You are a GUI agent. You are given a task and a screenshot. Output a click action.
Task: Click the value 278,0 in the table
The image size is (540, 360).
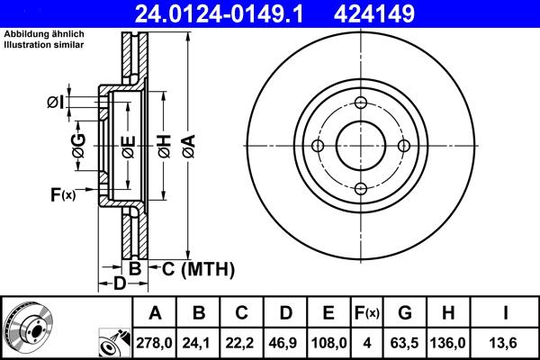coord(155,342)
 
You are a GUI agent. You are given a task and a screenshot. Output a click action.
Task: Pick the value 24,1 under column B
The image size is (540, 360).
coord(199,342)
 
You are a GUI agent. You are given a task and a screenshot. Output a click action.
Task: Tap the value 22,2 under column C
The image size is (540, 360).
coord(241,342)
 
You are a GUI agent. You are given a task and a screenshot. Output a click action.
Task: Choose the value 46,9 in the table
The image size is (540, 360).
coord(284,342)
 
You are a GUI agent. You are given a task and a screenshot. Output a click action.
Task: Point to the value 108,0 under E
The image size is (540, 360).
coord(328,342)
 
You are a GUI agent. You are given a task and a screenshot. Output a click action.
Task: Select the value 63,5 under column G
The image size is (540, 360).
coord(405,342)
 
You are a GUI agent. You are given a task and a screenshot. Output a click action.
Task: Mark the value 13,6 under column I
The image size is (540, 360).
coord(506,342)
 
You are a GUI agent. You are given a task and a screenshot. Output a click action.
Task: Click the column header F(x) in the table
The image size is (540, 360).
coord(367,313)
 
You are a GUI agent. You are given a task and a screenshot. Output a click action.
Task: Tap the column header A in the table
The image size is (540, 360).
coord(155,313)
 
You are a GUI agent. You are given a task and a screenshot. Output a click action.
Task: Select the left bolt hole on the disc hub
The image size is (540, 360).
coord(317,146)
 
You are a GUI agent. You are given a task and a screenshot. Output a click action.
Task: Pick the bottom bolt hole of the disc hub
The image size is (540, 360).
coord(359,188)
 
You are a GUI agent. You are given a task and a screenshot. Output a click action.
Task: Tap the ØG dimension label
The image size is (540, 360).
coord(78,145)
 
